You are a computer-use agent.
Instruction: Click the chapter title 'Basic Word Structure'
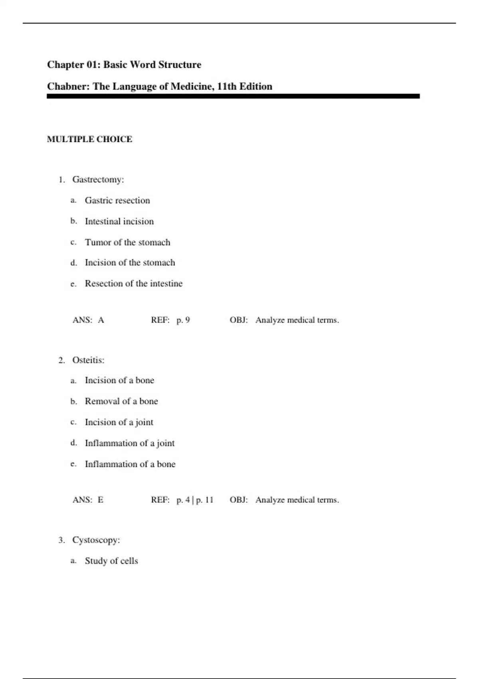152,65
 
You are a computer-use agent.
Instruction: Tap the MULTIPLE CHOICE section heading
89,139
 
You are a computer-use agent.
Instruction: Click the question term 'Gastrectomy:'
98,180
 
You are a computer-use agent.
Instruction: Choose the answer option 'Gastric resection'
117,201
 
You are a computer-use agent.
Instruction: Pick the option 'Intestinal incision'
119,221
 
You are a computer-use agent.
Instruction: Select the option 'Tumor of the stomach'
127,242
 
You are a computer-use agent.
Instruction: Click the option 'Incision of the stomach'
130,263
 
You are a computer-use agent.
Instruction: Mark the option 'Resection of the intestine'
133,284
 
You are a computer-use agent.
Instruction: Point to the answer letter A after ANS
101,320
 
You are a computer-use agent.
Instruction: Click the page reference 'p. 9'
183,320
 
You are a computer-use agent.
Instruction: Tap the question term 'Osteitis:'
88,360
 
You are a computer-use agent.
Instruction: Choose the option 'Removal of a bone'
121,401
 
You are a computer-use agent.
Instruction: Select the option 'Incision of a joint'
119,422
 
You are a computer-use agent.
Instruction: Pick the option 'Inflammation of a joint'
130,443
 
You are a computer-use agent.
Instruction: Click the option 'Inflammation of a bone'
130,464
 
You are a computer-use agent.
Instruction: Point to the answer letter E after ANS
101,500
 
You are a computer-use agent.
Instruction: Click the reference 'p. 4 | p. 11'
195,500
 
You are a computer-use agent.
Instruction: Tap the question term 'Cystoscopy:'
96,540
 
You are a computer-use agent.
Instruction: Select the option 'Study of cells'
111,561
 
